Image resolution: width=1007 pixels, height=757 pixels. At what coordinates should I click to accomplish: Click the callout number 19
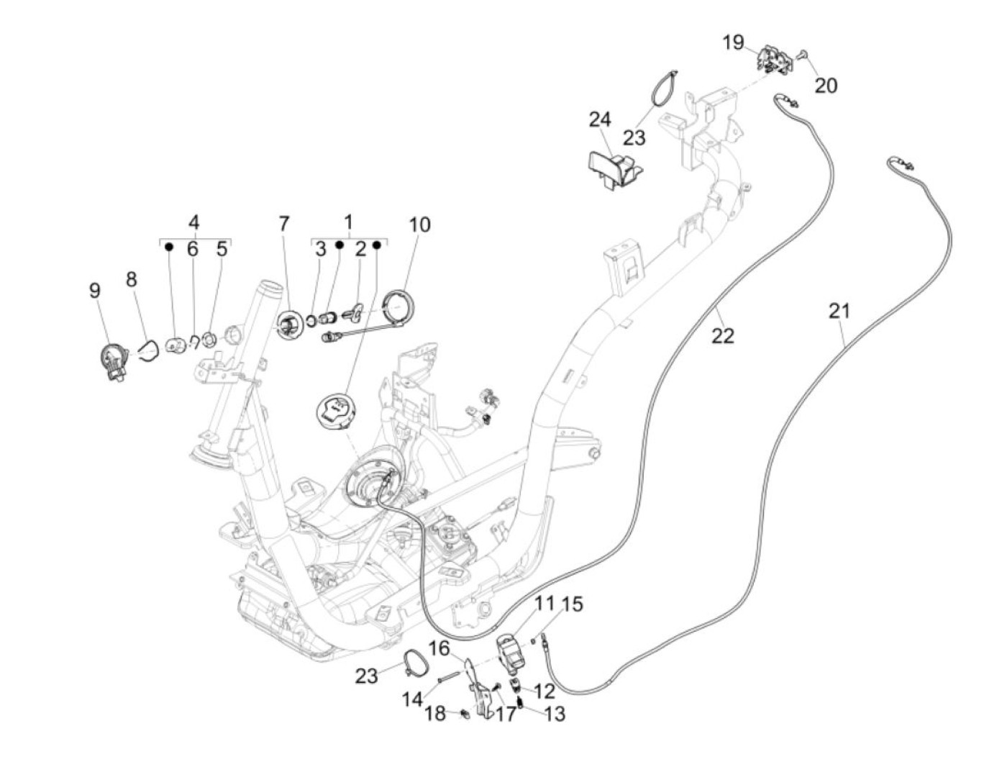point(733,42)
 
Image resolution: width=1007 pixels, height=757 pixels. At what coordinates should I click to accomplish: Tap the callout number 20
point(826,86)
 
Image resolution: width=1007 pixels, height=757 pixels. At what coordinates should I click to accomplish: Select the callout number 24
point(599,119)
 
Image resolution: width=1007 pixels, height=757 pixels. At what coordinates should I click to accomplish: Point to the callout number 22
point(724,335)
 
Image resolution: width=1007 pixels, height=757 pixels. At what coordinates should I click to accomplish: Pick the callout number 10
point(419,225)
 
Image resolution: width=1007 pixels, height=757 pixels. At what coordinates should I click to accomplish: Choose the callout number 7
point(284,225)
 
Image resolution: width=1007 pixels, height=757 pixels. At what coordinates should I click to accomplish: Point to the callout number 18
point(434,714)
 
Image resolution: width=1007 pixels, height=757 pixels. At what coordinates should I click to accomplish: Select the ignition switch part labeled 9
point(112,360)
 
